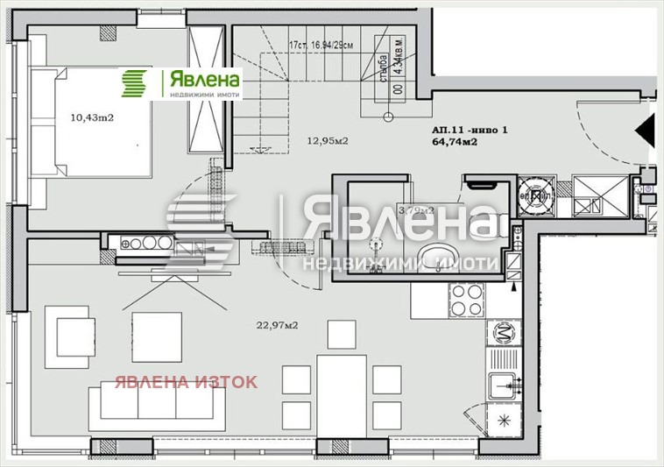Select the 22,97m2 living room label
point(278,325)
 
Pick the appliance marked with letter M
point(504,332)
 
